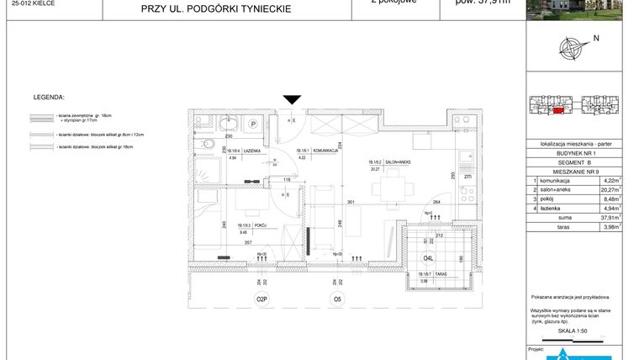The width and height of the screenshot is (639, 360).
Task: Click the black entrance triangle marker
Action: coord(291,100)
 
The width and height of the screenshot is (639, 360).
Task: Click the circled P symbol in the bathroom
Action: coord(252,124)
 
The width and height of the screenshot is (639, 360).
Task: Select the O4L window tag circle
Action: coord(428,258)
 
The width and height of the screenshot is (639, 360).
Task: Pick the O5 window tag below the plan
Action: coord(337,299)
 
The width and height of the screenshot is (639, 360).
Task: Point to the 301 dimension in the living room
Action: coord(352,202)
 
